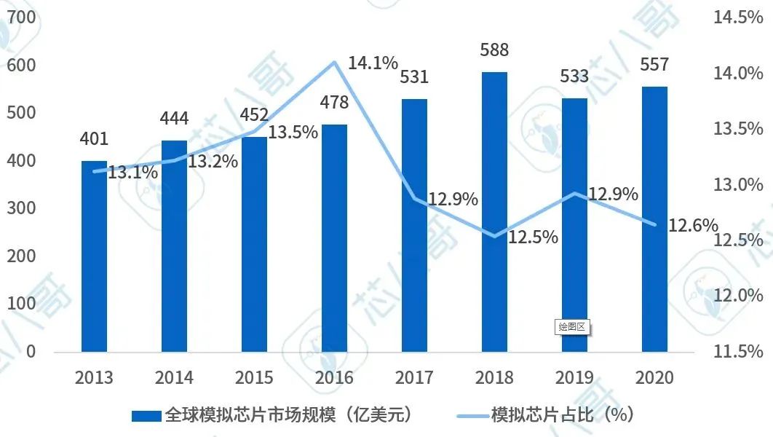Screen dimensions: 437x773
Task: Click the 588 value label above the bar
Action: pyautogui.click(x=494, y=50)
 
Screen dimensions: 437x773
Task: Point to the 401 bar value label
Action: pyautogui.click(x=94, y=138)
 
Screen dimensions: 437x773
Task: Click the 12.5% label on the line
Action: pyautogui.click(x=533, y=237)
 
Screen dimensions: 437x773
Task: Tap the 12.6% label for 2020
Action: pyautogui.click(x=693, y=225)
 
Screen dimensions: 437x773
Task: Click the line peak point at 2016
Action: pyautogui.click(x=334, y=62)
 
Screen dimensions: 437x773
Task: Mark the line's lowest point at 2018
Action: pyautogui.click(x=494, y=237)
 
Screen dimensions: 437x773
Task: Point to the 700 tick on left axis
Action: pyautogui.click(x=21, y=18)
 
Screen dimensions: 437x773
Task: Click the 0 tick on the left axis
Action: pyautogui.click(x=31, y=351)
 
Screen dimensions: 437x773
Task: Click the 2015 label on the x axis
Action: pyautogui.click(x=254, y=377)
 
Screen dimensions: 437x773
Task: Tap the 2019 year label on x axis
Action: pyautogui.click(x=574, y=377)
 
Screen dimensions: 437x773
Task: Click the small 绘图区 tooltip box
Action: pyautogui.click(x=571, y=327)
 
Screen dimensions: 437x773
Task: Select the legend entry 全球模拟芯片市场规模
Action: pyautogui.click(x=273, y=415)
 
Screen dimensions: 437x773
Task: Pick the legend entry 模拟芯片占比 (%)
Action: pyautogui.click(x=546, y=415)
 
